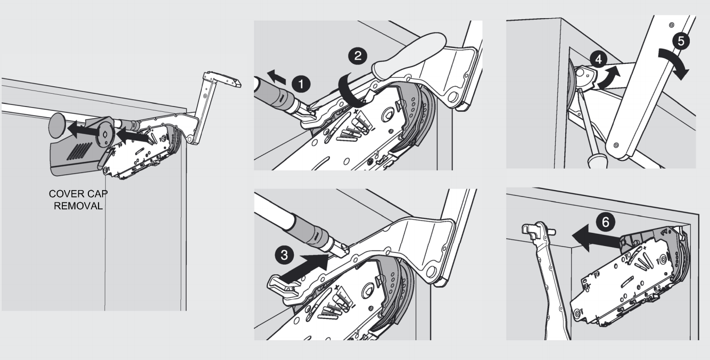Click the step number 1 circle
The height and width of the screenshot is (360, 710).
point(301,84)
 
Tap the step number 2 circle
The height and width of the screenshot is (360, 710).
point(358,56)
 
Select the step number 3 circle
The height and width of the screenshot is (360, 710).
point(284,255)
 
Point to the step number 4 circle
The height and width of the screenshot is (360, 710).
point(598,59)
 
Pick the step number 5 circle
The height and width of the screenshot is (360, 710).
point(681,41)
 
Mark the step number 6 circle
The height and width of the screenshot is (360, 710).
point(605,222)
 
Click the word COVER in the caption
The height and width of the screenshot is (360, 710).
point(64,193)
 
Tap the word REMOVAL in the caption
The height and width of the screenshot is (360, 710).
point(78,206)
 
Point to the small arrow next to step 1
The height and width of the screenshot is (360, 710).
point(276,77)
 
